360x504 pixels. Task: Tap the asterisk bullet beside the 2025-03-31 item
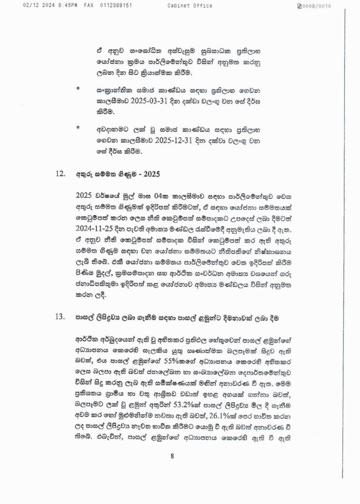click(77, 90)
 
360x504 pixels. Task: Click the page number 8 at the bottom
click(173, 456)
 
